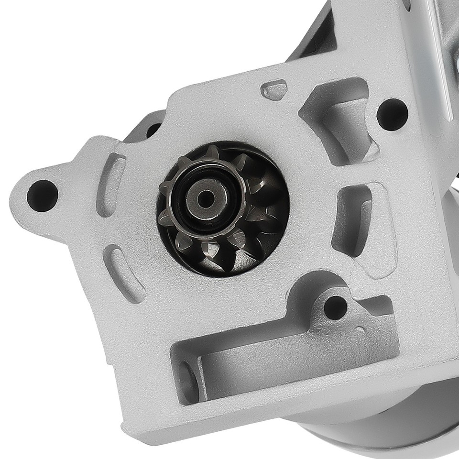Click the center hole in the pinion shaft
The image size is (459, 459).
(206, 198)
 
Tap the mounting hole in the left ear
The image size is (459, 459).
(42, 195)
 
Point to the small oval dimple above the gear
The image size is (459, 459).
(274, 89)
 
